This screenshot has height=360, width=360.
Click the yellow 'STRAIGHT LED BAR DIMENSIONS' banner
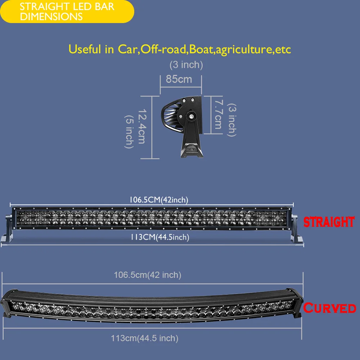click(x=67, y=12)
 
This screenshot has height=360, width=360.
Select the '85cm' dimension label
click(x=179, y=79)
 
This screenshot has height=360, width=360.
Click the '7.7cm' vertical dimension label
click(x=219, y=114)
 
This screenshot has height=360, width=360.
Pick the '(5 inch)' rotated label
click(x=129, y=132)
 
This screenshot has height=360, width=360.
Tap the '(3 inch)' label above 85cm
click(x=186, y=65)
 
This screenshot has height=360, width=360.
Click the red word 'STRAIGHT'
click(x=329, y=222)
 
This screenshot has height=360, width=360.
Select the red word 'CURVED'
click(x=329, y=308)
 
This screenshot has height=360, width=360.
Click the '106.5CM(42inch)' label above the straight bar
click(x=159, y=200)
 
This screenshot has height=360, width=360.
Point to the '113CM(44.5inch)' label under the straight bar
click(x=160, y=237)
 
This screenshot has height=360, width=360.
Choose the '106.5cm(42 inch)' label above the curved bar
click(x=148, y=275)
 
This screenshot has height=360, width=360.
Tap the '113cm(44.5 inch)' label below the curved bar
click(x=145, y=338)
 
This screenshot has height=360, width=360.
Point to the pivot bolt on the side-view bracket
click(x=191, y=116)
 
